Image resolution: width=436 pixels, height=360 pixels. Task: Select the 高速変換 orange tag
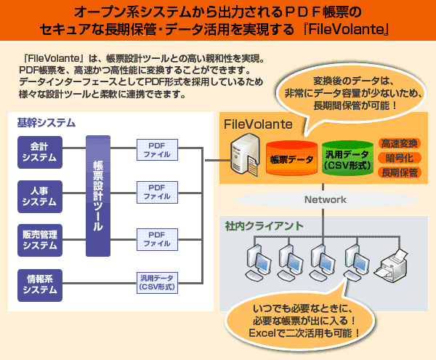(398, 144)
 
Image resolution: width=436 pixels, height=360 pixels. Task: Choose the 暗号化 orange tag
(398, 159)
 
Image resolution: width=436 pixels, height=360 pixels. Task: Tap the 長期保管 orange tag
(398, 173)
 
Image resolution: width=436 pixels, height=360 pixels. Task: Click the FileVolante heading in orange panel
(258, 124)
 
